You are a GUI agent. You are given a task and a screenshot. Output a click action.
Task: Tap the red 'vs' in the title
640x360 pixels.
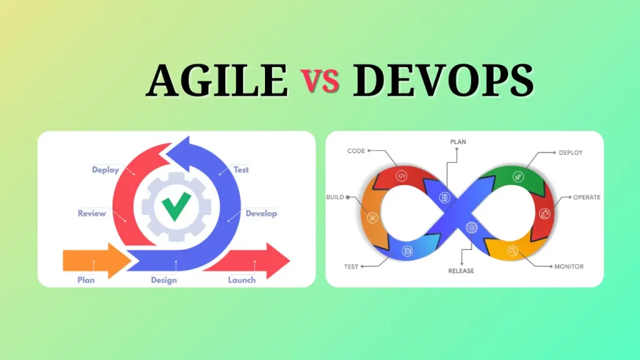[320, 82]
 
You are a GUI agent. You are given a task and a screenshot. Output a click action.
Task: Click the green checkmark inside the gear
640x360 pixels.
[176, 206]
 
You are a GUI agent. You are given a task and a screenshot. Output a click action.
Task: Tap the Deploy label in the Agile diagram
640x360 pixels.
[105, 170]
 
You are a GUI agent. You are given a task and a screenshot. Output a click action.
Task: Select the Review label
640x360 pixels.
[92, 213]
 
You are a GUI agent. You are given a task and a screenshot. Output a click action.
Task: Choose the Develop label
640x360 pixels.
[261, 213]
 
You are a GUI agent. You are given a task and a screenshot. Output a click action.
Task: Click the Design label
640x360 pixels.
[164, 280]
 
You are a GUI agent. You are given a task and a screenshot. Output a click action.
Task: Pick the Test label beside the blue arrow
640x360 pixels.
[241, 169]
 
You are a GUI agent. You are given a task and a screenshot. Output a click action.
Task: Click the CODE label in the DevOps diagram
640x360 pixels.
[356, 151]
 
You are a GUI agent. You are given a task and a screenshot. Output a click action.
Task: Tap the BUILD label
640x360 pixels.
[335, 197]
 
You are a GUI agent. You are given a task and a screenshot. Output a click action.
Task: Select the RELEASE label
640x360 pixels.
[461, 271]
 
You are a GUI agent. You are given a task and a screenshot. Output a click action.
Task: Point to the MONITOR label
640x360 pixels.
[569, 266]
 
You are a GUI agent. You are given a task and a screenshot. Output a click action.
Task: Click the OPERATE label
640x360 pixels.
[587, 197]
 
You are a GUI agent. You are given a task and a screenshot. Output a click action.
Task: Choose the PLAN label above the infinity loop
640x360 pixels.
[458, 142]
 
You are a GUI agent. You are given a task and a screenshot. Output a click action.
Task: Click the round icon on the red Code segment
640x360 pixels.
[402, 176]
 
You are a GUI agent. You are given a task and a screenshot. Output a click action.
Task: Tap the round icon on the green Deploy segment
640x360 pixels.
[518, 177]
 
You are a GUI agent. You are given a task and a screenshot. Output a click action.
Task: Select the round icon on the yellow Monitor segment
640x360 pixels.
[512, 251]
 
